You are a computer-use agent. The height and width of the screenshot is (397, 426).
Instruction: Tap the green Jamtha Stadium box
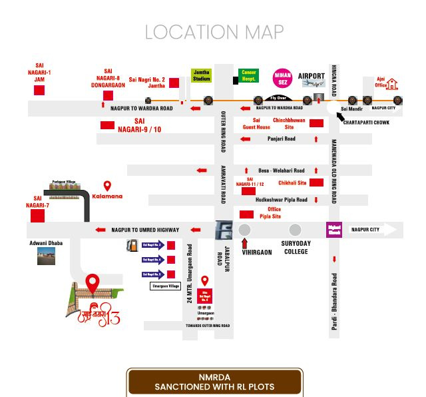(x=202, y=75)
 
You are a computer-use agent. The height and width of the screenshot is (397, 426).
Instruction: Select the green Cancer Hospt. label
(x=248, y=75)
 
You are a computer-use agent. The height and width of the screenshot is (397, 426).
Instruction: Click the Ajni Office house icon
(x=393, y=83)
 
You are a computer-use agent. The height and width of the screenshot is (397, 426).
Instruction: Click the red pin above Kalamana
(x=106, y=185)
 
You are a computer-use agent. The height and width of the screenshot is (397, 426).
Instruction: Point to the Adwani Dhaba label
(x=46, y=243)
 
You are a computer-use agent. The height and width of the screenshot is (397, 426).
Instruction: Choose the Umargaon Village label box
(x=165, y=286)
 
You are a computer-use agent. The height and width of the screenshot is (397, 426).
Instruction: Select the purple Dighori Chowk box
(x=333, y=230)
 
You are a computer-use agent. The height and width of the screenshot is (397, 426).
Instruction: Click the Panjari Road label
(x=281, y=139)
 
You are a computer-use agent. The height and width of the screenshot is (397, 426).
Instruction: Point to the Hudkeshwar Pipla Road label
(x=282, y=200)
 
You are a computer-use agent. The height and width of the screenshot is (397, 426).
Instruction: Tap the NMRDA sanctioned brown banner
(x=215, y=382)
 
